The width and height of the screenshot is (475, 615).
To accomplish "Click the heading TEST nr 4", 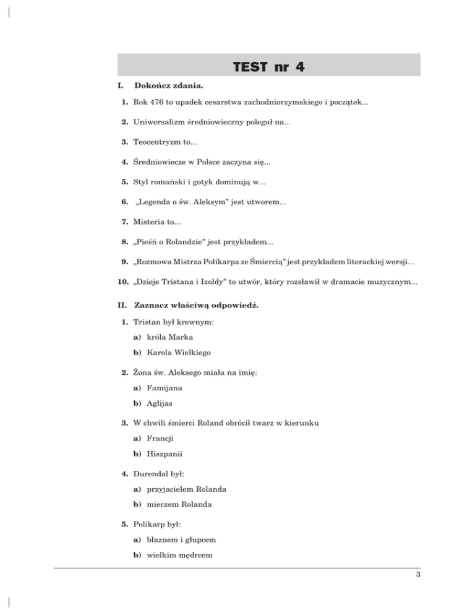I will pos(268,66).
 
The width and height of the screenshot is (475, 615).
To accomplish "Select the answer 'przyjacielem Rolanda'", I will pos(188,489).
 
